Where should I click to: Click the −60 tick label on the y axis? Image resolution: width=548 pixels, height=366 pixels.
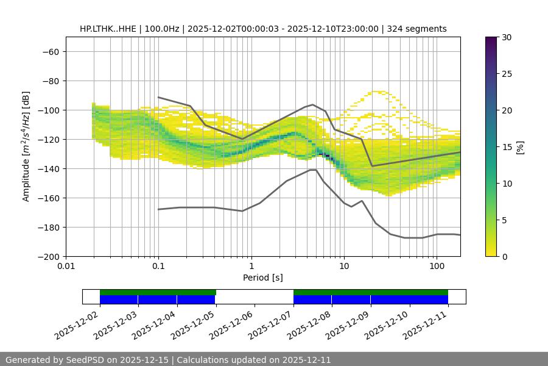click(49, 52)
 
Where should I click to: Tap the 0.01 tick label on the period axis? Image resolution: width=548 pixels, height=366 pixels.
click(66, 267)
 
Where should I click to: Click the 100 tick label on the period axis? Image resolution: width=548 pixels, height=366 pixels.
click(437, 267)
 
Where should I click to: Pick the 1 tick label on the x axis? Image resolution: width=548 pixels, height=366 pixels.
click(251, 267)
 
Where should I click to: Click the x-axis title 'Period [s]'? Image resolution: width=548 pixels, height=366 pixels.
click(262, 278)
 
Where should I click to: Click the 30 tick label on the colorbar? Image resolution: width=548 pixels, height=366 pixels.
click(506, 38)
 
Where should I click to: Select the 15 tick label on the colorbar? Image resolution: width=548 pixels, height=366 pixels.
click(506, 147)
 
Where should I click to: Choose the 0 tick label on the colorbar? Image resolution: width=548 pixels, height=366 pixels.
click(504, 257)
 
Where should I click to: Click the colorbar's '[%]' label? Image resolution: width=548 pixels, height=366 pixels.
click(520, 146)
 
